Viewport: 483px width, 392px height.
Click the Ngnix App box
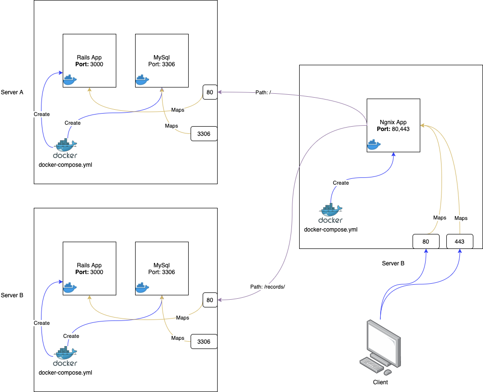393,125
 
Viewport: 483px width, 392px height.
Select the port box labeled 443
459,241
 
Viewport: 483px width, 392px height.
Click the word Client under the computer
380,382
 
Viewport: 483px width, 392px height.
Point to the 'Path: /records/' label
268,287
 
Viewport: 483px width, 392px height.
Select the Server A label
12,92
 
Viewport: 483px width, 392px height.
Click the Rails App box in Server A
89,60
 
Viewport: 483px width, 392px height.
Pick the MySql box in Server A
162,60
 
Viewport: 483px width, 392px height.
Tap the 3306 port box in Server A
204,133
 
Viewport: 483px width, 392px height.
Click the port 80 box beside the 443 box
426,241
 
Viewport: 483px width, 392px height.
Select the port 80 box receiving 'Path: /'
210,92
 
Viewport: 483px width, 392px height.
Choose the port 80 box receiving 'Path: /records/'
210,300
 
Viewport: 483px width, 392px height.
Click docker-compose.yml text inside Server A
65,165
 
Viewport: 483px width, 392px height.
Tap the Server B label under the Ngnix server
393,263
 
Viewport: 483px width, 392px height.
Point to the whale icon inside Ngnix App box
374,144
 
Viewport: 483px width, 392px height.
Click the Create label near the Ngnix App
341,183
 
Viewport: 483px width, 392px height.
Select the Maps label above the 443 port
461,218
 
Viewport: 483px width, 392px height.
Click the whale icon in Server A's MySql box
142,79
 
